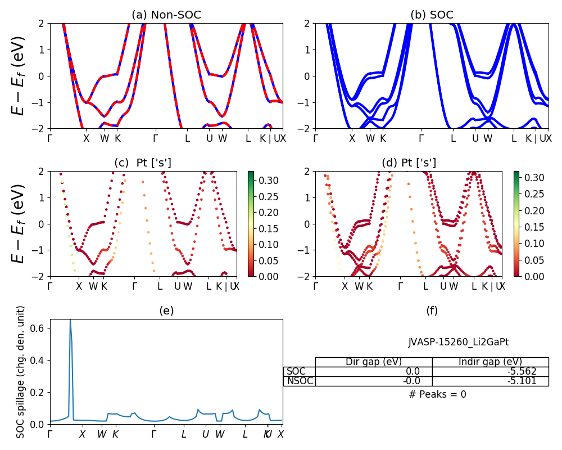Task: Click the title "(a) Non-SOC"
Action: coord(166,15)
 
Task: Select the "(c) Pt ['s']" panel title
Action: coord(143,163)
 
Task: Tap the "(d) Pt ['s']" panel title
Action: coord(409,163)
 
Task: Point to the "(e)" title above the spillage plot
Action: coord(166,310)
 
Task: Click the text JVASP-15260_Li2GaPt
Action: coord(459,341)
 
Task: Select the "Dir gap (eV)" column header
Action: coord(373,362)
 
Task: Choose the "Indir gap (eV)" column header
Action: coord(490,362)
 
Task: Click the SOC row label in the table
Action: coord(296,371)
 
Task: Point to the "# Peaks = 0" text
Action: coord(437,394)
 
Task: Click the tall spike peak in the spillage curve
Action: coord(70,321)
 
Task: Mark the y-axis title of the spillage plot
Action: coord(21,372)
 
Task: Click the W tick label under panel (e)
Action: coord(102,434)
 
